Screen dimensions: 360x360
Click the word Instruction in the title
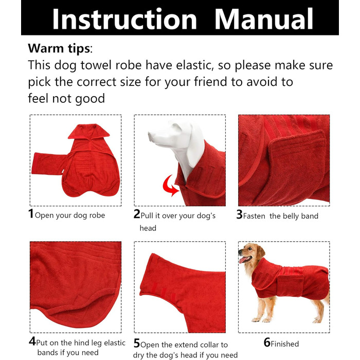(124, 20)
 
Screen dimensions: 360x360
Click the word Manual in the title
(264, 19)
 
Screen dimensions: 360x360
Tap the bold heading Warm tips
(59, 48)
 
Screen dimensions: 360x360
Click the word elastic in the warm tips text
(195, 65)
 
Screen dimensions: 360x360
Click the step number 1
(31, 213)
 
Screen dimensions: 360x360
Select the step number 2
(137, 214)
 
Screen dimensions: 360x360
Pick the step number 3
(239, 214)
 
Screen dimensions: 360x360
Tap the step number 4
(32, 341)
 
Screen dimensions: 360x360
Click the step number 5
(137, 343)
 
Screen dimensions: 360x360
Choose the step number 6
(267, 343)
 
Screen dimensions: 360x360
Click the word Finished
(285, 344)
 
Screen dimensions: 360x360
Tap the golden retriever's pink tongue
(242, 260)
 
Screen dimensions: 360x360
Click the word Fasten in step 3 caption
(254, 216)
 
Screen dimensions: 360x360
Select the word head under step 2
(148, 228)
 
